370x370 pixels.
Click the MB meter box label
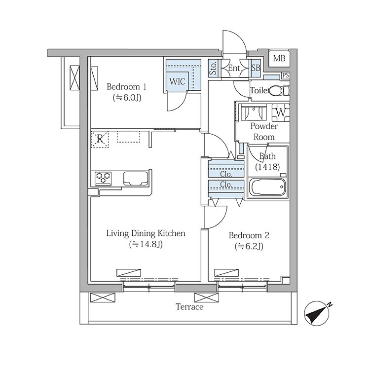pos(279,58)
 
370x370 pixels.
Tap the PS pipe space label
pos(286,75)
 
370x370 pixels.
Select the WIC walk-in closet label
pos(177,81)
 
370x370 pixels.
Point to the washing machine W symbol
pos(281,112)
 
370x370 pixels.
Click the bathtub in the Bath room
pos(268,187)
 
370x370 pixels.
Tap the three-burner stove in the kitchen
pos(103,178)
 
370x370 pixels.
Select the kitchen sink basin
pos(135,178)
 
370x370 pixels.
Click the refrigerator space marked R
pos(100,140)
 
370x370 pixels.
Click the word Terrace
pos(189,307)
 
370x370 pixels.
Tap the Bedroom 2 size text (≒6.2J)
pos(249,246)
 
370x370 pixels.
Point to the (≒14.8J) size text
pos(146,244)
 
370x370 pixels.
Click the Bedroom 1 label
pos(126,87)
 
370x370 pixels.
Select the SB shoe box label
pos(256,68)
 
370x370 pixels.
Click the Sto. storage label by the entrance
pos(213,68)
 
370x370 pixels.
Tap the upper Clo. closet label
pos(226,174)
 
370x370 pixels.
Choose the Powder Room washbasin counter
pos(254,113)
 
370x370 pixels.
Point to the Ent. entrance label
pos(234,68)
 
